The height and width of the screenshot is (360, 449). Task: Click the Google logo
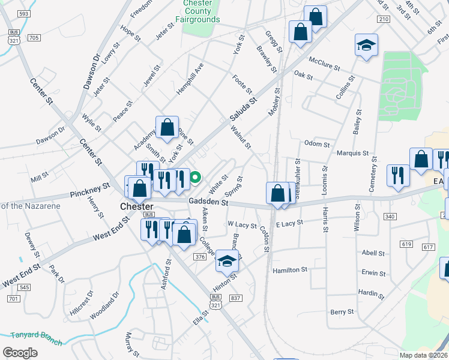coord(20,353)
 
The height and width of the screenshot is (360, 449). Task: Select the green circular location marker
coord(195,178)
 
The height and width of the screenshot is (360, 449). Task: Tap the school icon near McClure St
coord(366,46)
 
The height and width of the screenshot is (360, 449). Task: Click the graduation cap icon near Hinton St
coord(227,260)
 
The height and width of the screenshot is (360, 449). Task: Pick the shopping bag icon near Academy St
coord(167,127)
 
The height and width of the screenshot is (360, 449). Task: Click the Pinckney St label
coord(90,190)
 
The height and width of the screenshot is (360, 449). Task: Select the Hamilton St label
coord(290,271)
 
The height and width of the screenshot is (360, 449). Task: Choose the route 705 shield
coord(34,38)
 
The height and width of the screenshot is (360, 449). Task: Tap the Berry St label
coord(343,313)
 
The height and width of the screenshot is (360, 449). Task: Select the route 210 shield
coord(384,19)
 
